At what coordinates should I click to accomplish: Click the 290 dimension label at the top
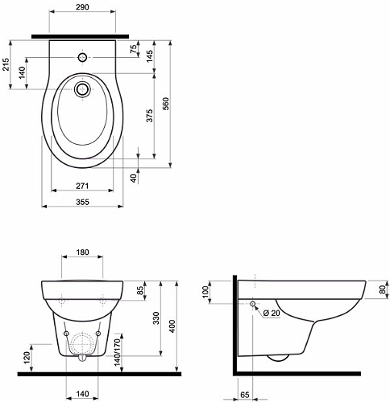tap(82, 7)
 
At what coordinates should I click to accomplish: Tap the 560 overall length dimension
tap(166, 104)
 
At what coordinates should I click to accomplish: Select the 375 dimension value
tap(149, 116)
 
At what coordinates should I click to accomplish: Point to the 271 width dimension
tap(82, 186)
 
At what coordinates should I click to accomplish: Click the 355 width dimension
tap(82, 202)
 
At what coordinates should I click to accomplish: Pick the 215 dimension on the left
tap(6, 64)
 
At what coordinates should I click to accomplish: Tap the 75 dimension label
tap(134, 49)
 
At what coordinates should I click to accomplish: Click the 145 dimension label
tap(149, 56)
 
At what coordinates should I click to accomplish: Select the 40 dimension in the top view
tap(134, 178)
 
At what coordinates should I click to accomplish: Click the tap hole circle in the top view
tap(82, 57)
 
